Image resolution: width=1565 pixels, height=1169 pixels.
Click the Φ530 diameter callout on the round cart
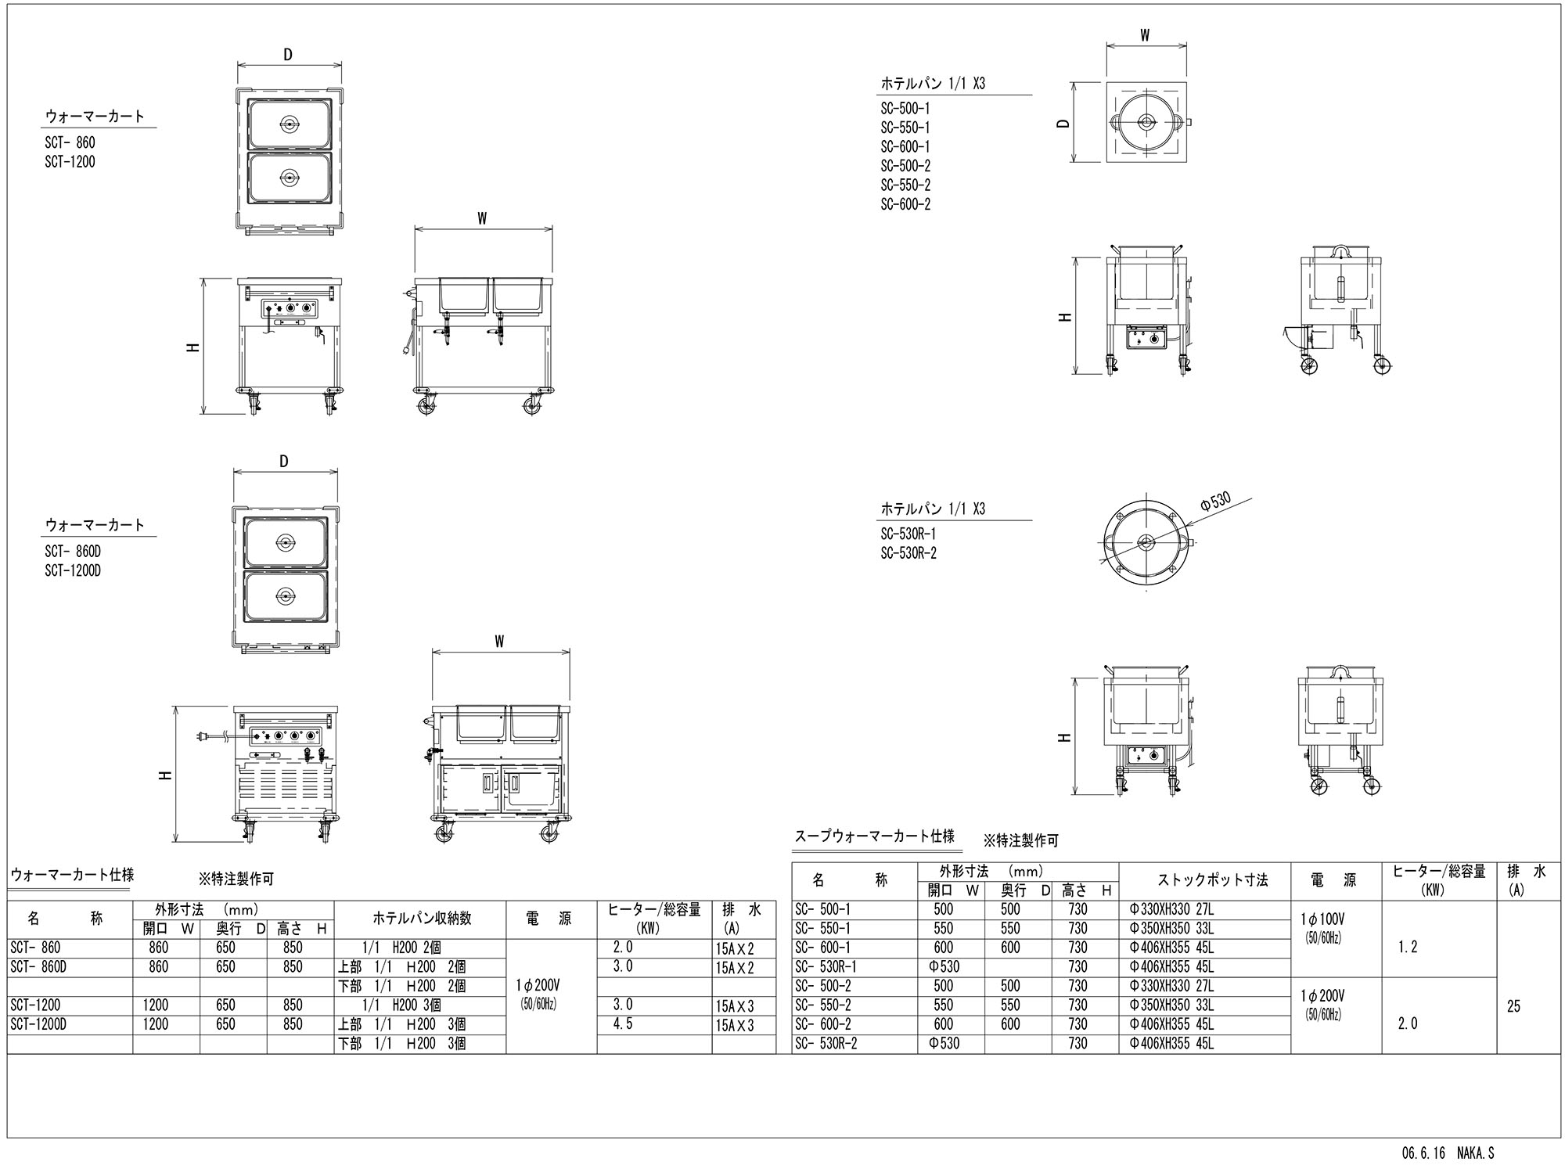1216,501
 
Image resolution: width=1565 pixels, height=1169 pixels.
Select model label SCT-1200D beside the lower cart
73,570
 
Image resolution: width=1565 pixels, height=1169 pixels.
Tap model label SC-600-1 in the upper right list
905,146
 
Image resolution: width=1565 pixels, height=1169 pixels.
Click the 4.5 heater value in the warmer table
624,1023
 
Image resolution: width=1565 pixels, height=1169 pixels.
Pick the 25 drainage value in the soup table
1513,1006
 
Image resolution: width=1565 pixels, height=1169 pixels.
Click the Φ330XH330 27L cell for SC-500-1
1171,909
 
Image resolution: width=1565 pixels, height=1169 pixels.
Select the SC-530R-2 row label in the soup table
826,1043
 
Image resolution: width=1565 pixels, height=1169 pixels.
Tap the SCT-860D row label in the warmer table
38,967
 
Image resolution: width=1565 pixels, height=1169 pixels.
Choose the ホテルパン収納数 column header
421,918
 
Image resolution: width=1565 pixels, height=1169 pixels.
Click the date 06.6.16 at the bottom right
1423,1153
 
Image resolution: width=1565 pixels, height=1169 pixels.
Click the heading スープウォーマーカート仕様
874,836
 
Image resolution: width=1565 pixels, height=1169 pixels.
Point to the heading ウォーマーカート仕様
71,875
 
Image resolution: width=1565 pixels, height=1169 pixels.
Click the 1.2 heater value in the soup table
1407,948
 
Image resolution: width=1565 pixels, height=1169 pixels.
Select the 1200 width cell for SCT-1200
155,1005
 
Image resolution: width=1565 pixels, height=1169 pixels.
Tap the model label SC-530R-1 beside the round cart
908,534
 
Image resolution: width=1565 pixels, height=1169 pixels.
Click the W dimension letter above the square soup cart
1145,35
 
